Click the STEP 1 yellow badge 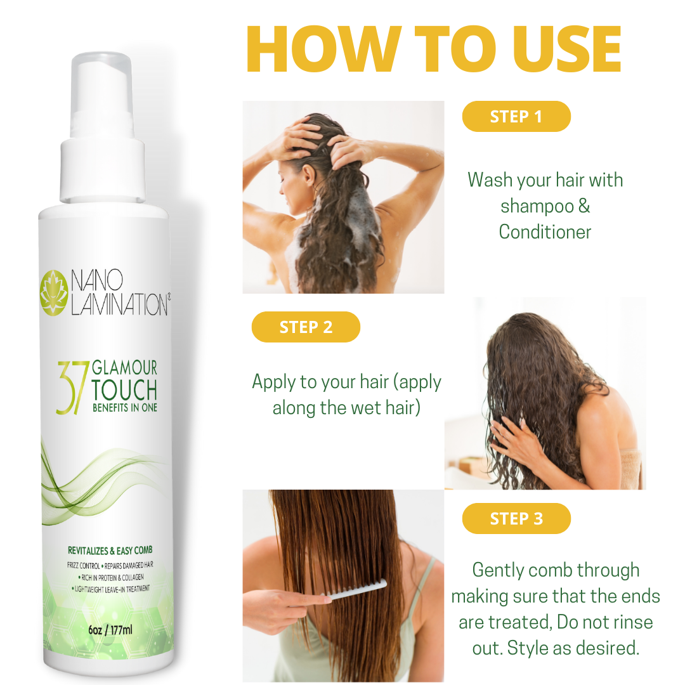coord(516,117)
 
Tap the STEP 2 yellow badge coord(306,327)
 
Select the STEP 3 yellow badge coord(516,519)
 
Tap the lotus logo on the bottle coord(53,292)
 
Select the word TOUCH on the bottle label coord(124,390)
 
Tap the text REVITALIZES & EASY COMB coord(110,550)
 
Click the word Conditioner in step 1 coord(545,232)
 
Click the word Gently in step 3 coord(498,570)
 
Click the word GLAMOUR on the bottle coord(125,368)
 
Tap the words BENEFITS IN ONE coord(124,407)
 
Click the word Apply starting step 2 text coord(273,382)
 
